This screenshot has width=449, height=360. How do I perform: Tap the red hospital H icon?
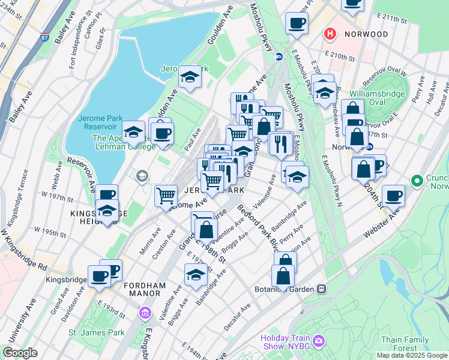point(329,34)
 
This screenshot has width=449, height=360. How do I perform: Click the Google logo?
point(20,353)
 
